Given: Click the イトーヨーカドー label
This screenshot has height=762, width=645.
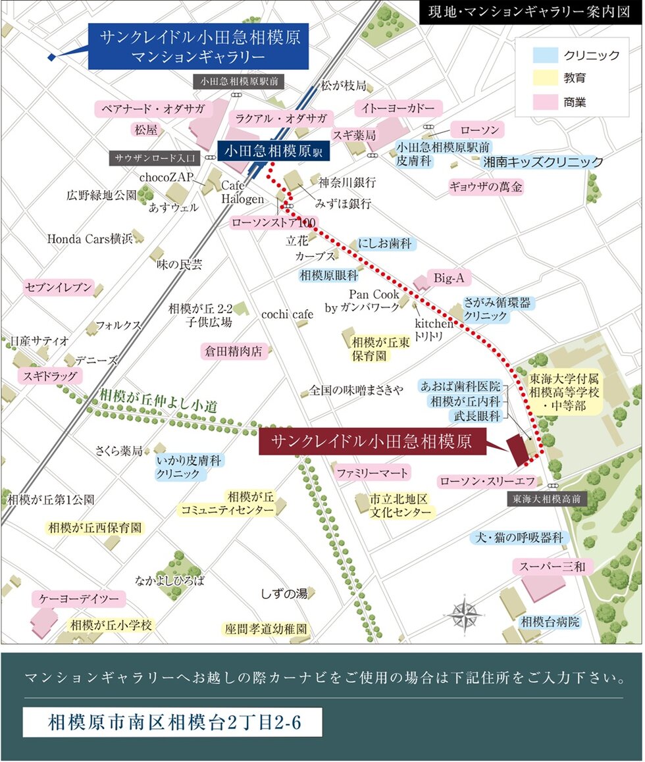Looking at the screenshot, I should [x=398, y=108].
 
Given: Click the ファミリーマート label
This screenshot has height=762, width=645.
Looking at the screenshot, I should [x=372, y=472].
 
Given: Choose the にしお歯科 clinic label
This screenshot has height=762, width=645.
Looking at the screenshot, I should [x=386, y=244].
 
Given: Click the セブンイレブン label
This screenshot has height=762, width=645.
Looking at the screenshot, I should [x=59, y=288].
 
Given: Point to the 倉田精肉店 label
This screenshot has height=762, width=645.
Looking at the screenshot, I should [x=236, y=351].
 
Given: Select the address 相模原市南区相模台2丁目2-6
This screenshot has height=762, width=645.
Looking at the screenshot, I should [x=172, y=722].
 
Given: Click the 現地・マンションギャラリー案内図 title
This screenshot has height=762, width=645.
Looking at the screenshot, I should [x=529, y=13].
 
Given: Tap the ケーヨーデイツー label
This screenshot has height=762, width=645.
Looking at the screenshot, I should [x=78, y=599].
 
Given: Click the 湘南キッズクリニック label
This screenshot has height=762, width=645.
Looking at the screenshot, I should [x=543, y=161].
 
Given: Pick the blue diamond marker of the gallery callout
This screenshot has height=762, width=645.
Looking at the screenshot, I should [x=52, y=57].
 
